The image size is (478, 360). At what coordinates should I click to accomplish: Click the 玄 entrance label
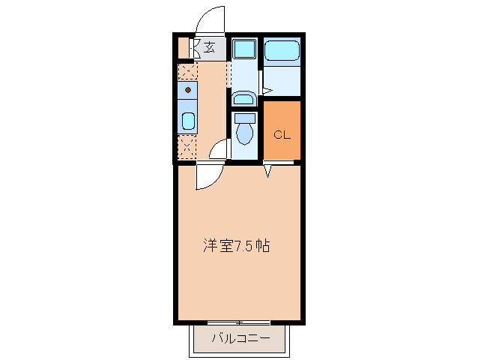pos(210,47)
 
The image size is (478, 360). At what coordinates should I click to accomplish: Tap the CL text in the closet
pos(282,135)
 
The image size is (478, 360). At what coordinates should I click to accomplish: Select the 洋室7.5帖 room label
pos(237,245)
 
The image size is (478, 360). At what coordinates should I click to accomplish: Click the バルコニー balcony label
pos(240,338)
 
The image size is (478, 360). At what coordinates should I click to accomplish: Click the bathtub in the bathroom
pos(282,52)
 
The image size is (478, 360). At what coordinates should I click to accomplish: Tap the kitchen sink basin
pos(187,121)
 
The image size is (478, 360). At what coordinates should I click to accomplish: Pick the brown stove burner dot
pos(187,91)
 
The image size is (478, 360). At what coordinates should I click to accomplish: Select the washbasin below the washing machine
pos(243,98)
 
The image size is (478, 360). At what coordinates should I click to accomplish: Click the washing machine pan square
pos(243,49)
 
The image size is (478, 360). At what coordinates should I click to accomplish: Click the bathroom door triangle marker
pos(264,89)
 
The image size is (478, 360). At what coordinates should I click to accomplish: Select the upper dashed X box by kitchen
pos(187,71)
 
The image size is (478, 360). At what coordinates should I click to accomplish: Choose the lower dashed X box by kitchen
pos(187,146)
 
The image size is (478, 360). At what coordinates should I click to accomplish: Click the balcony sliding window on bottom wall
pos(239,322)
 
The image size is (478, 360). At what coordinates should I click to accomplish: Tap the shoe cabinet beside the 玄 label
pos(184,47)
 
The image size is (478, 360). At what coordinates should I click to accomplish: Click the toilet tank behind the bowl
pos(244,117)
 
